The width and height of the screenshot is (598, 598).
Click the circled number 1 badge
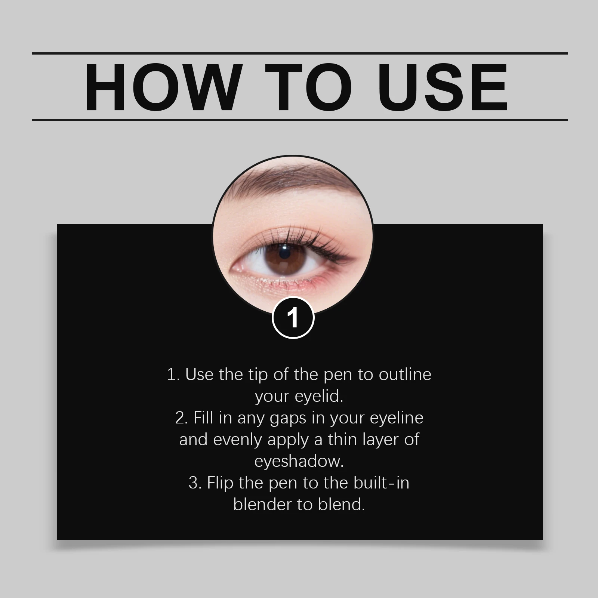(x=293, y=318)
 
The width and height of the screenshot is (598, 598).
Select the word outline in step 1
(x=405, y=374)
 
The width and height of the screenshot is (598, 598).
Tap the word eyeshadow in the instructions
(x=299, y=461)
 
